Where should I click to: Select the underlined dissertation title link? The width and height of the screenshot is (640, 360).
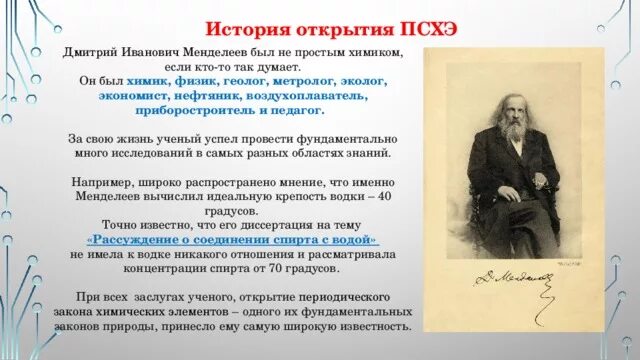point(232,241)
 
